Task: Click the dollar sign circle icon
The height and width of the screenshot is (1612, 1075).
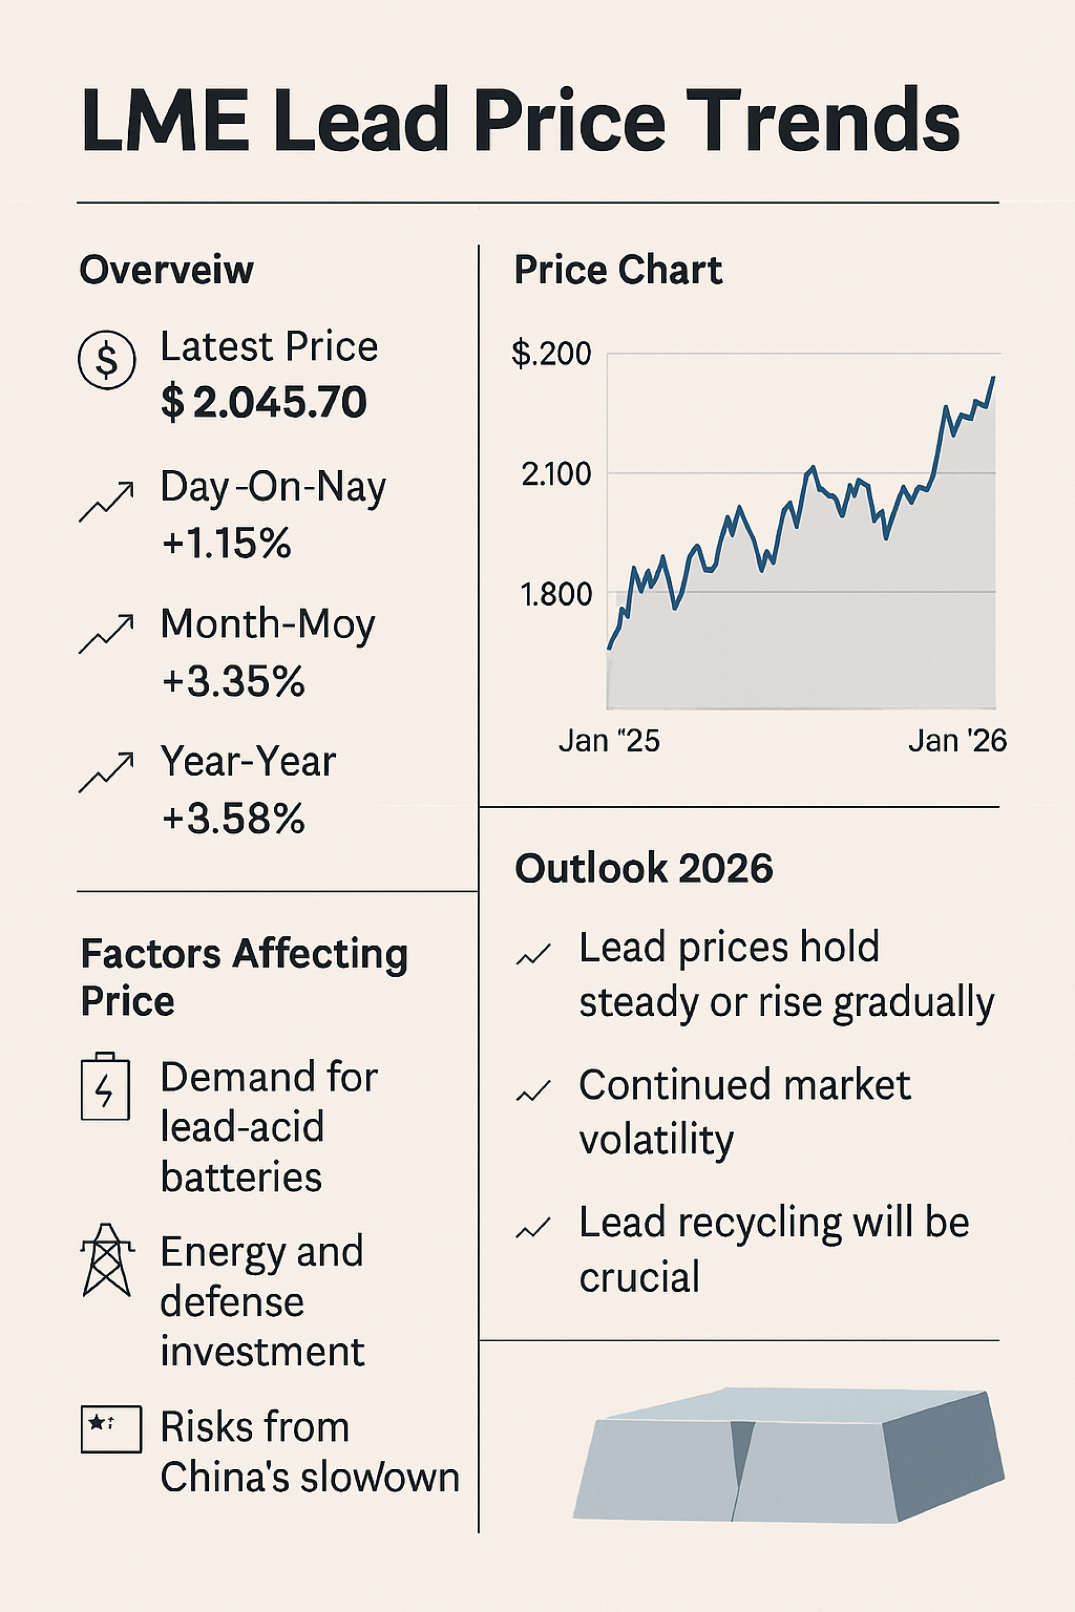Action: point(106,360)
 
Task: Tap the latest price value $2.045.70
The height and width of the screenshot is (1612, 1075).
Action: point(264,402)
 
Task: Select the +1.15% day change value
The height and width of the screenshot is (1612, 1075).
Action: point(227,543)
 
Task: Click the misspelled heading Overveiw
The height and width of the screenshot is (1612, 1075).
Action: point(167,269)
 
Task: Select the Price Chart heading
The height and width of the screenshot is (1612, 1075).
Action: point(618,269)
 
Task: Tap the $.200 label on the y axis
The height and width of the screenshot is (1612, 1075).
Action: point(551,354)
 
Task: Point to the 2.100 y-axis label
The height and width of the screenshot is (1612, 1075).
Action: point(555,474)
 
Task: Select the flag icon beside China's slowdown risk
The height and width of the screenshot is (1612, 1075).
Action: point(111,1429)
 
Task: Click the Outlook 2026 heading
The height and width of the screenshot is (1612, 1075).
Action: point(644,868)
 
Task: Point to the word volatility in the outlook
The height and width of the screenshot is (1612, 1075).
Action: point(656,1140)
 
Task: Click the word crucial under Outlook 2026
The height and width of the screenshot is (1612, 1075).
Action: point(639,1277)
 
